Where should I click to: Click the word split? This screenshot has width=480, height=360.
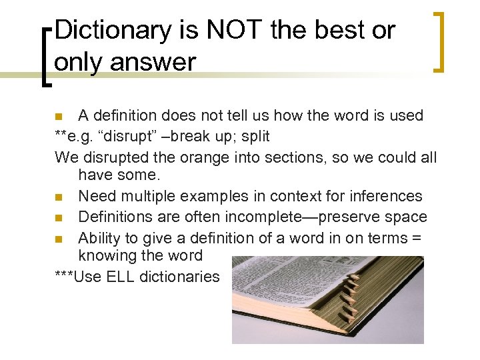256,137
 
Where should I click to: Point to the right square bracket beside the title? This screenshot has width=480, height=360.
439,42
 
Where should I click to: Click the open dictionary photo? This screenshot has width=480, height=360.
327,300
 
